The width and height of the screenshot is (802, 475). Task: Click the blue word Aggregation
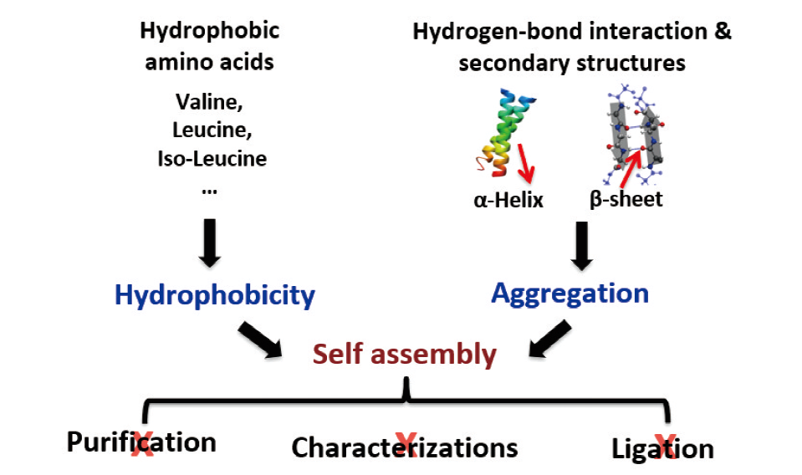tap(570, 293)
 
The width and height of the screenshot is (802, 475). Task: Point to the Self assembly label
tap(405, 354)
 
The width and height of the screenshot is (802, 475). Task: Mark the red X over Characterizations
tap(406, 444)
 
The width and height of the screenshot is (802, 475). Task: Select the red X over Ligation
tap(665, 444)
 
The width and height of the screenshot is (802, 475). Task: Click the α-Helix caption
tap(505, 199)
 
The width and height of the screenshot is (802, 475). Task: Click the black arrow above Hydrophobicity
tap(211, 243)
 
